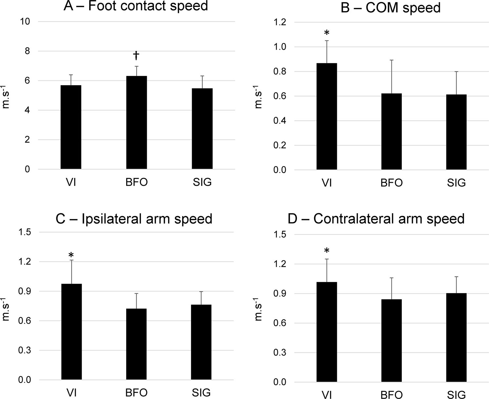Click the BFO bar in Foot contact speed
[136, 123]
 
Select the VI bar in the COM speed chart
[326, 116]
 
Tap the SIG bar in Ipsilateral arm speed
[201, 342]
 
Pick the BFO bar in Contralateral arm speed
[391, 340]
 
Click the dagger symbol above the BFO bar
[136, 56]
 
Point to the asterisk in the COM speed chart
[326, 33]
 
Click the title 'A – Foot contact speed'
[136, 6]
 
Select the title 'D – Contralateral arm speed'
[376, 218]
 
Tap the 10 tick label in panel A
[25, 22]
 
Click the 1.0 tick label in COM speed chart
[280, 47]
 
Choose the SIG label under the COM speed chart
[456, 182]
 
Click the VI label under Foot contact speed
[71, 182]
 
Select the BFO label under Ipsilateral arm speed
[136, 392]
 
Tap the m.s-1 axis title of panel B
[258, 97]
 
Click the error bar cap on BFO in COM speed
[391, 60]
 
